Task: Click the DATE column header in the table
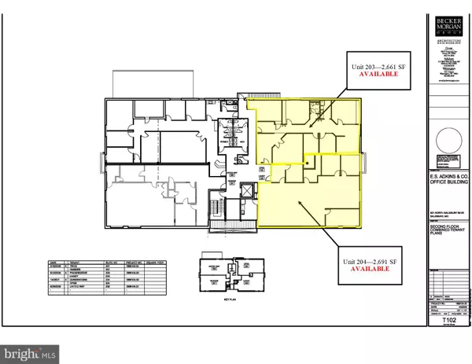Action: [53, 261]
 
